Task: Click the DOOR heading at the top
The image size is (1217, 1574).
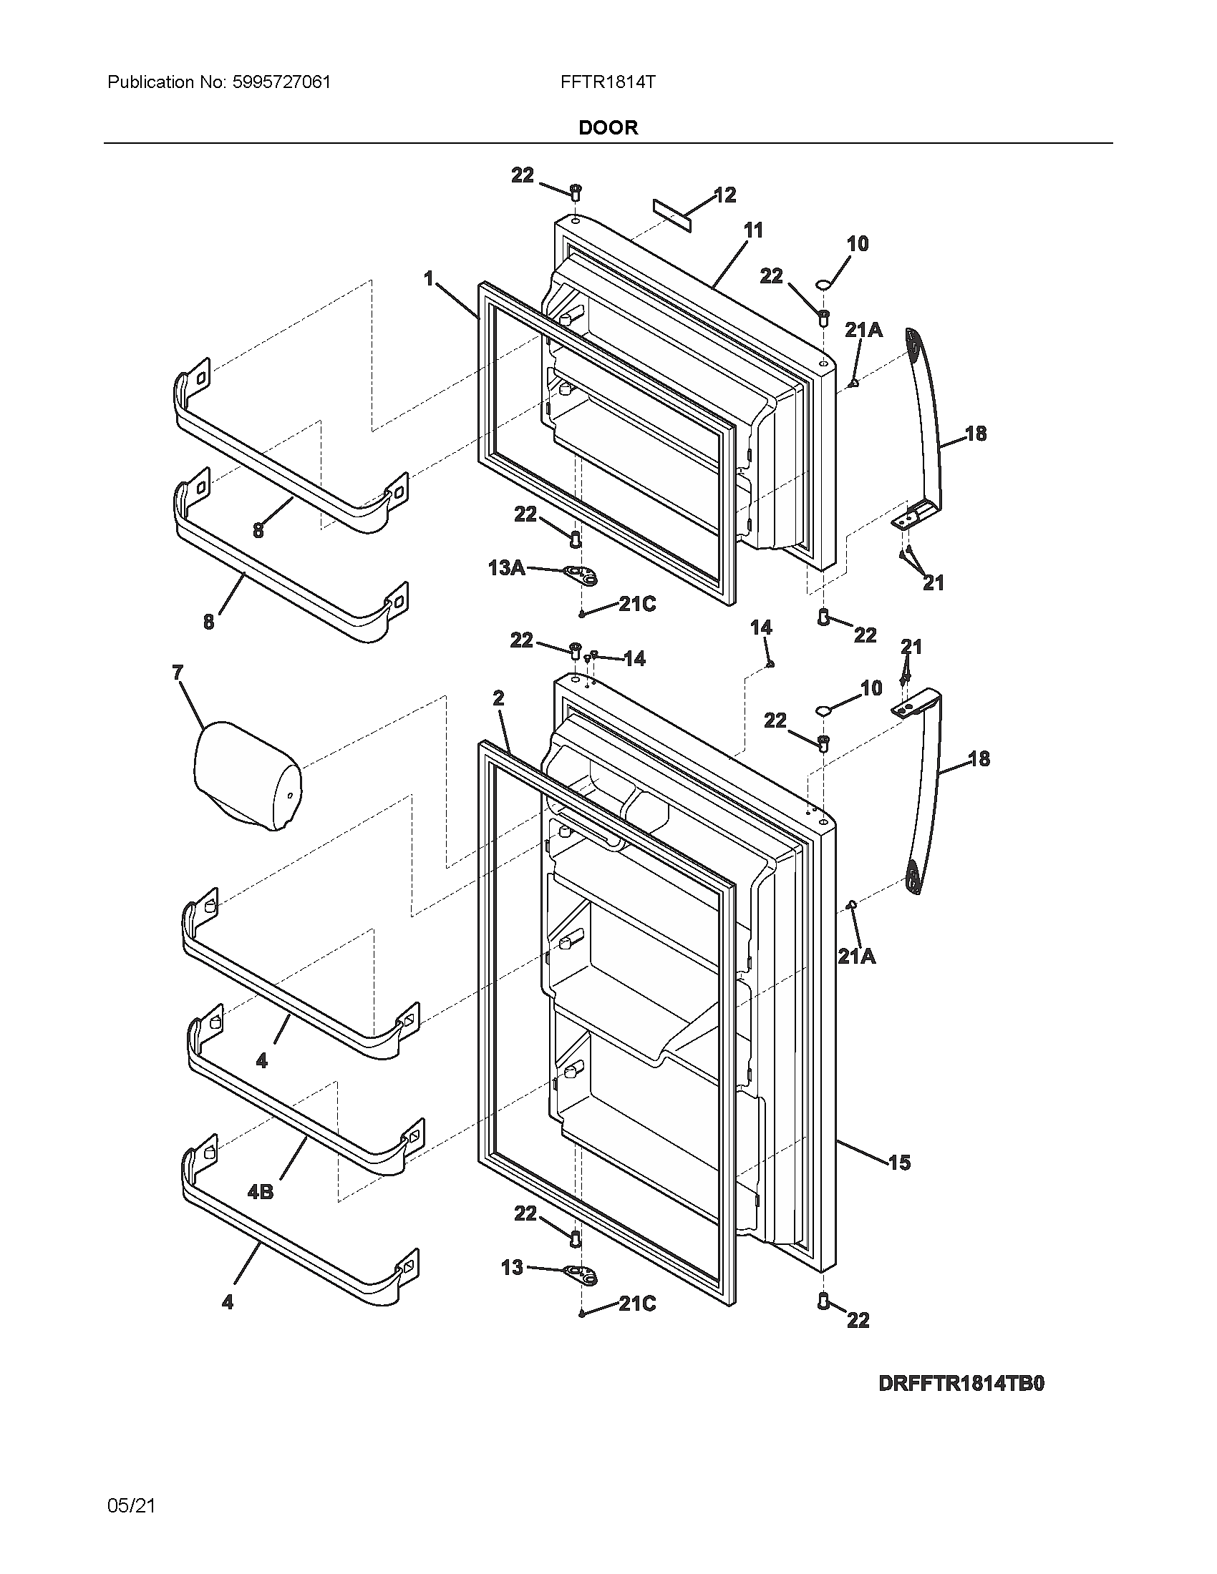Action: [608, 128]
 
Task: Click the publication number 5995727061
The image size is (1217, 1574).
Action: [282, 82]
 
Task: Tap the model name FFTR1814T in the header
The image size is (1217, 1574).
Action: [608, 82]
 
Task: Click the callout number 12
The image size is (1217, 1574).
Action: [724, 195]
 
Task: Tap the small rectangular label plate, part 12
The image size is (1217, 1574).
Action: [672, 215]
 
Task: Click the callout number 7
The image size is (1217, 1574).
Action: [178, 673]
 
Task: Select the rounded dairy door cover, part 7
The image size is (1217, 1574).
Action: [246, 778]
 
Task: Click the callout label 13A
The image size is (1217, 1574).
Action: [506, 568]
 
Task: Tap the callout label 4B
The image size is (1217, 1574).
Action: [261, 1192]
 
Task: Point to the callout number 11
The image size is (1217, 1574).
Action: [752, 230]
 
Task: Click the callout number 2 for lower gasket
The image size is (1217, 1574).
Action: [498, 698]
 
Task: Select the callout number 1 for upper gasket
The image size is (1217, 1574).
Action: [429, 278]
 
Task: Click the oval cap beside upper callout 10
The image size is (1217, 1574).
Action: [822, 287]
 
